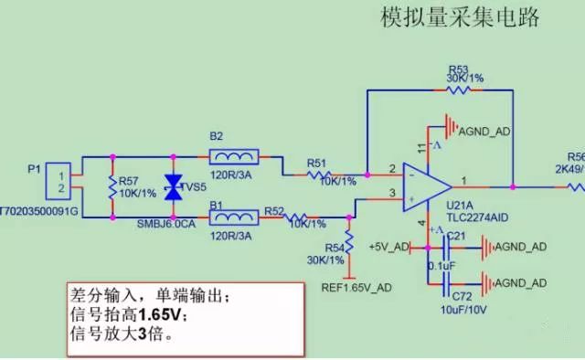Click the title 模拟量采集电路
(x=459, y=17)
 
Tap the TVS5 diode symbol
(x=172, y=187)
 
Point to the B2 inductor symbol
(x=234, y=155)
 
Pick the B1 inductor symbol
(x=234, y=218)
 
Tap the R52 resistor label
(x=274, y=210)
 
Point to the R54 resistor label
(x=337, y=248)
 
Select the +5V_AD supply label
(x=388, y=247)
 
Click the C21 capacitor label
(x=457, y=237)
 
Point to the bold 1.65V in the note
(x=166, y=314)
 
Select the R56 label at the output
(x=576, y=156)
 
